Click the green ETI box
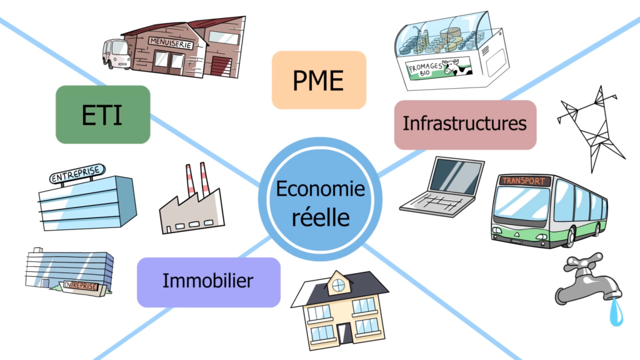103,114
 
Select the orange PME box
319,80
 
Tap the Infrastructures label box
465,124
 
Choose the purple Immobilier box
208,281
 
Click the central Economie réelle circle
320,199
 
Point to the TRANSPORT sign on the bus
524,181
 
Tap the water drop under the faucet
617,312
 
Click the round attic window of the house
338,285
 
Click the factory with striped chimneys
191,203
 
